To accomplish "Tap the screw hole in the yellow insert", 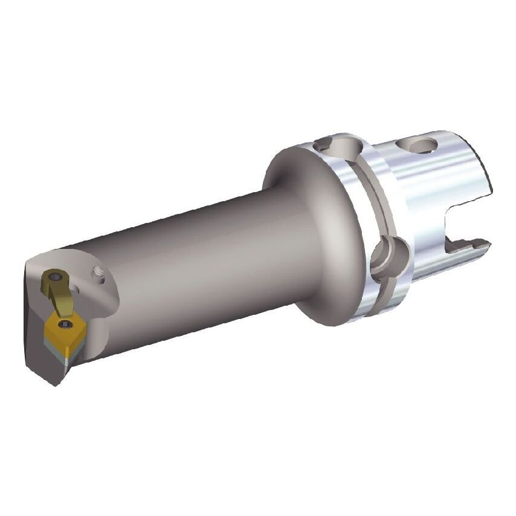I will (63, 326).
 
